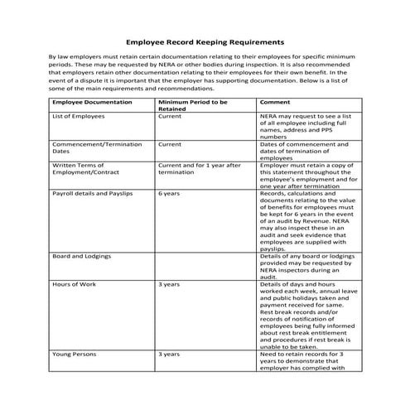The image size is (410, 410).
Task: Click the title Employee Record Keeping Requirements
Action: point(205,40)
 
